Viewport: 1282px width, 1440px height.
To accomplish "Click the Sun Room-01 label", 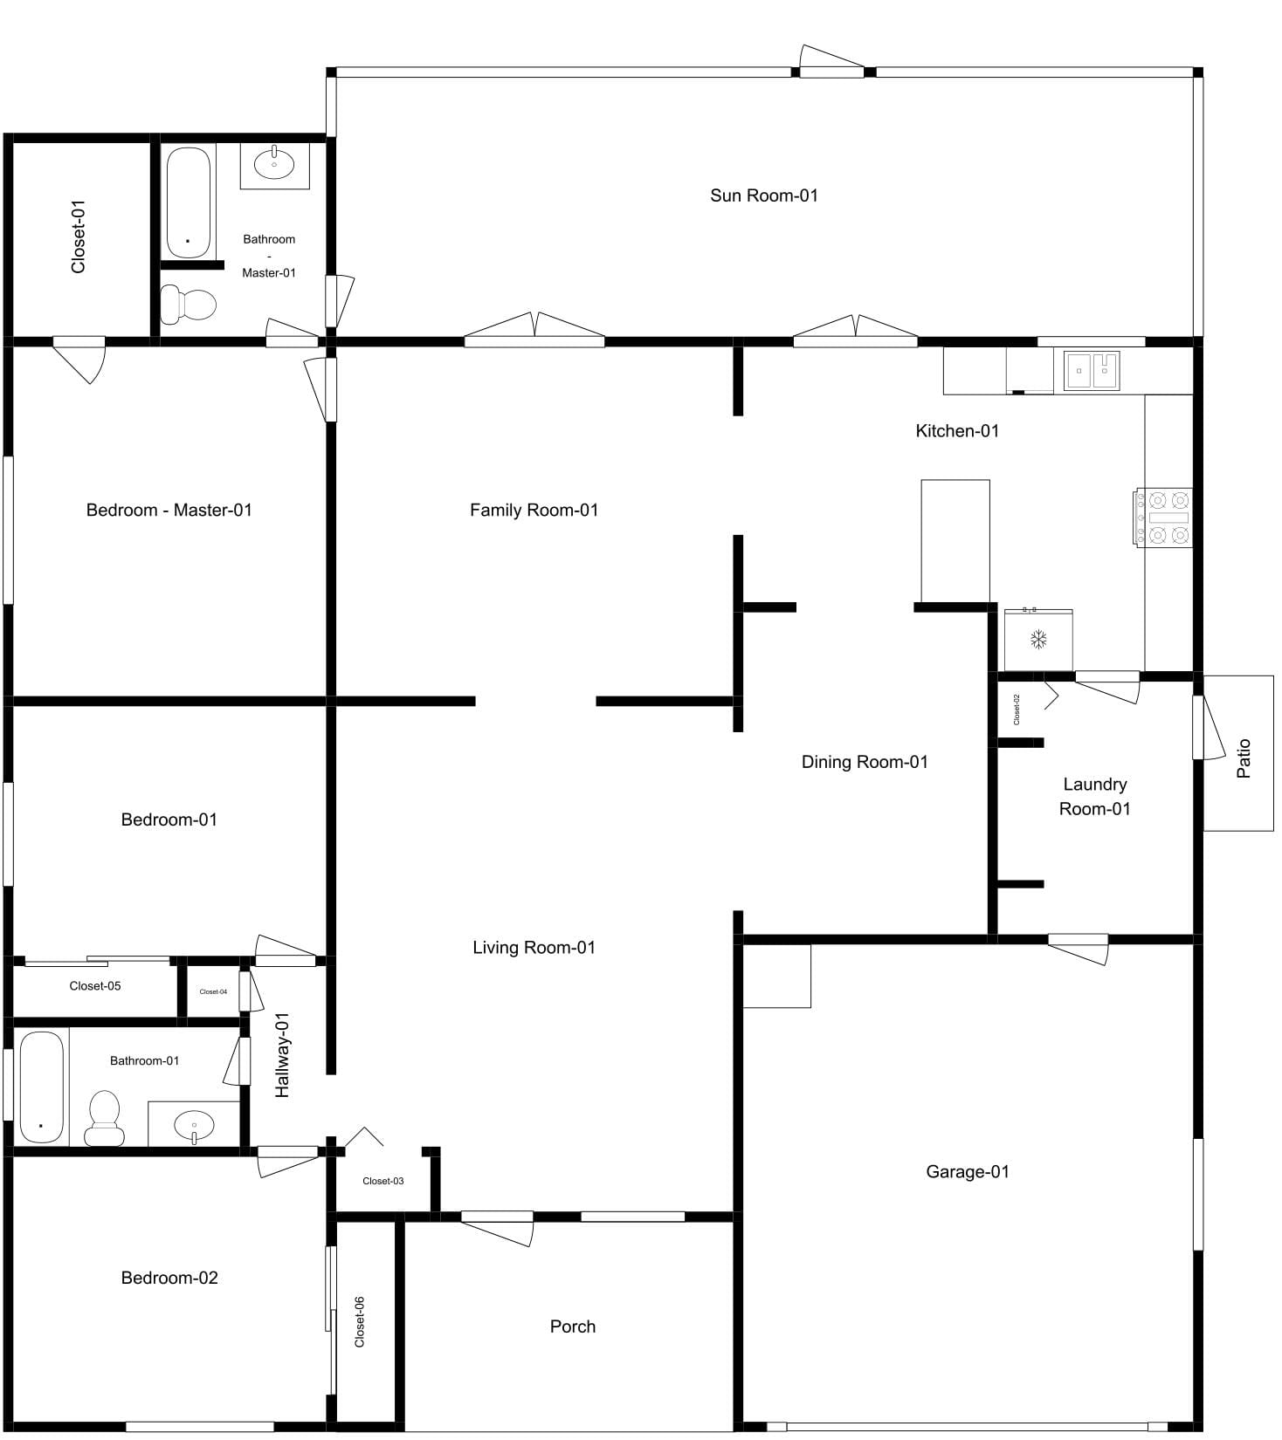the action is click(764, 195).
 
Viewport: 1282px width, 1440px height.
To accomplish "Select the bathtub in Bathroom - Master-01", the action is click(189, 202).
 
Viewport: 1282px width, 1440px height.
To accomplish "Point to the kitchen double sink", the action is click(1092, 371).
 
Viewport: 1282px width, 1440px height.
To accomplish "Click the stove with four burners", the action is click(1164, 518).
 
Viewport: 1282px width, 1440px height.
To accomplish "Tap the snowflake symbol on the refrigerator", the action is click(1038, 640).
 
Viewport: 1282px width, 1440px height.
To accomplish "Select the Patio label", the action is click(1244, 758).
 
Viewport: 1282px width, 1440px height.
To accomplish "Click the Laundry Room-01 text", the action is click(1095, 797).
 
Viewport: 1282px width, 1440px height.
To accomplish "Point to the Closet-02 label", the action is click(1017, 709).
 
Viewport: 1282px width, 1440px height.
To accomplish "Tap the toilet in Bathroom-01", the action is click(105, 1118).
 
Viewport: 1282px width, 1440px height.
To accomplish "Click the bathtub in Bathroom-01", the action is click(42, 1087).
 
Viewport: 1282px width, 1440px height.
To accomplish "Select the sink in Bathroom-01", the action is click(193, 1125).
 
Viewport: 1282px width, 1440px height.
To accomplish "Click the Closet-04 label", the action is click(213, 991).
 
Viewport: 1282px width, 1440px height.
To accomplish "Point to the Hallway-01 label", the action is click(282, 1054).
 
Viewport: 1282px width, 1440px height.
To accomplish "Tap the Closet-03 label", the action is click(383, 1181).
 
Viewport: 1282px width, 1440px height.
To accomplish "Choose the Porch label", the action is click(573, 1327).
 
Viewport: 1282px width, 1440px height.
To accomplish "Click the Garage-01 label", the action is click(968, 1171).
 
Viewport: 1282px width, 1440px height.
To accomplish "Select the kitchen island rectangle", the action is click(955, 541).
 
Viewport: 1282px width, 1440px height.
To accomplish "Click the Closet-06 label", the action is click(360, 1321).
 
